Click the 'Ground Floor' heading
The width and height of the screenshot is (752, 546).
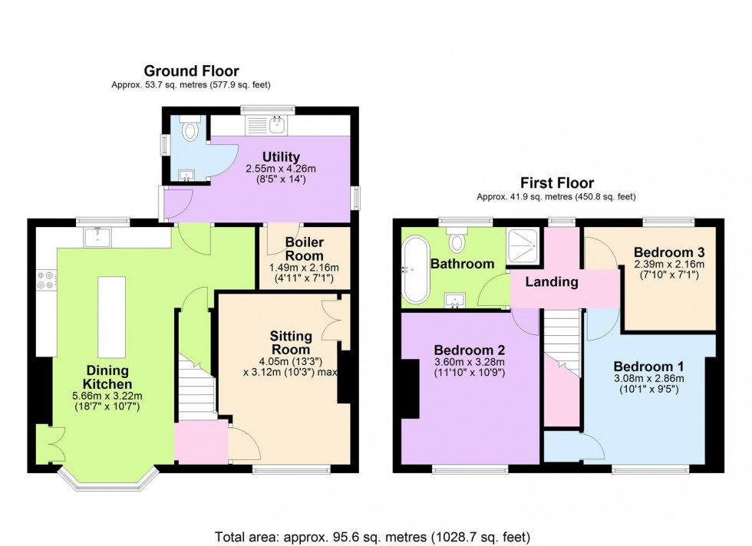coord(191,71)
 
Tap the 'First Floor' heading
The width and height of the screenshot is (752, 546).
coord(557,183)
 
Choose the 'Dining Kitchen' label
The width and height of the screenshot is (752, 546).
coord(108,377)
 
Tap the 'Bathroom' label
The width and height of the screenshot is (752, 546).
coord(461,264)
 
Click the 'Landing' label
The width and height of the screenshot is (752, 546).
coord(551,281)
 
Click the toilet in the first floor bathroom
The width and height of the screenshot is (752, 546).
coord(457,242)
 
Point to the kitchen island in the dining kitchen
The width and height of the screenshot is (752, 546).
coord(111,316)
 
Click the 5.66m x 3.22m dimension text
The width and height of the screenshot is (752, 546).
coord(108,396)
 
